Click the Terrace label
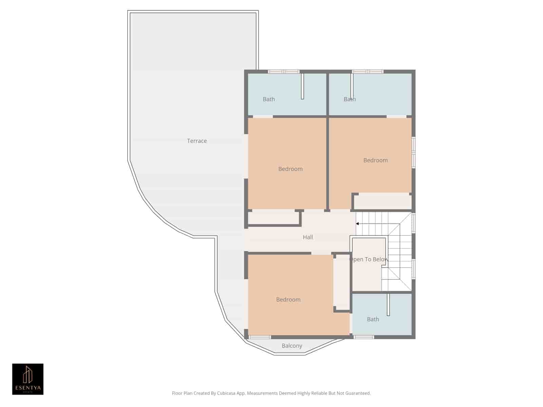coord(197,141)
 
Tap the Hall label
coord(308,237)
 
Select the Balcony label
coord(292,346)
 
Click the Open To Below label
coord(369,259)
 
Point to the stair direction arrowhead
coord(357,224)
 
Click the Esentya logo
coord(28,379)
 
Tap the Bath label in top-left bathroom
coord(269,99)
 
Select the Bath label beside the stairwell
coord(373,319)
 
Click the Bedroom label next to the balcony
coord(288,299)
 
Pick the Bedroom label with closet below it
coord(375,160)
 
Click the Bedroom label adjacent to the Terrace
coord(290,169)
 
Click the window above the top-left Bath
coord(283,72)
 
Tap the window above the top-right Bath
coord(368,72)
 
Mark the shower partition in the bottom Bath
coord(389,304)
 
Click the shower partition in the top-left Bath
coord(302,86)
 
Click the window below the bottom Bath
coord(364,337)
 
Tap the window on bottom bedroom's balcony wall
coord(260,337)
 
